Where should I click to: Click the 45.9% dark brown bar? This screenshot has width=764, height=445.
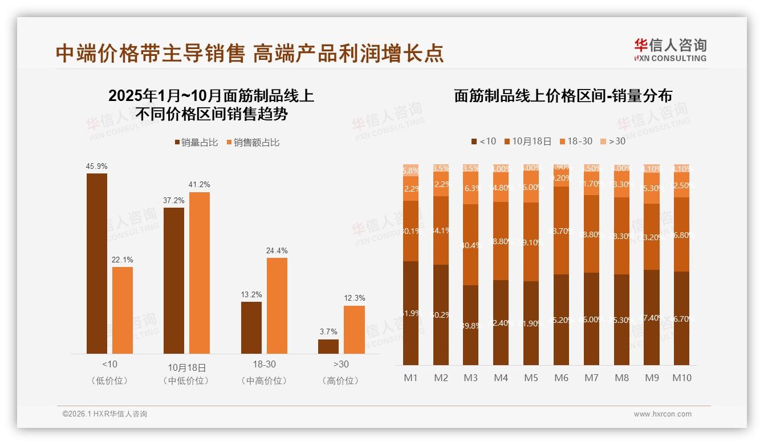(97, 263)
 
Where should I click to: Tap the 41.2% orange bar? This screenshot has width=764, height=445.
(200, 273)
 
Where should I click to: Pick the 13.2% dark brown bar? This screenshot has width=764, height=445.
(251, 327)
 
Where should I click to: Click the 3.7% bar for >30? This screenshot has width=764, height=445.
(328, 346)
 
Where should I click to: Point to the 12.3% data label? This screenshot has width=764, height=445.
(355, 298)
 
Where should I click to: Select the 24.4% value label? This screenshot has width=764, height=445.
(277, 250)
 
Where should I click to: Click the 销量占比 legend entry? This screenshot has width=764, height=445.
(196, 143)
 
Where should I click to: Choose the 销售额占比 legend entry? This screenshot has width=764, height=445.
(253, 143)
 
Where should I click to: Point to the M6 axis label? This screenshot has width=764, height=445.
(562, 378)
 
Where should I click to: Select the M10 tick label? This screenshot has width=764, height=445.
(681, 378)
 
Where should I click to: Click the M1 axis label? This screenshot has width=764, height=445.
(411, 378)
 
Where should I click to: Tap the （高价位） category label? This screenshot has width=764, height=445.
(341, 381)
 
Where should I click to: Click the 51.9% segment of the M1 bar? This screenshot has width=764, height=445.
(411, 313)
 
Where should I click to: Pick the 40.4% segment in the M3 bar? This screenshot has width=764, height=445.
(470, 245)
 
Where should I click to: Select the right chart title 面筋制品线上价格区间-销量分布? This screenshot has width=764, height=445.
(563, 96)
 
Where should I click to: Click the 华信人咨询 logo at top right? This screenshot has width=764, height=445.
(670, 49)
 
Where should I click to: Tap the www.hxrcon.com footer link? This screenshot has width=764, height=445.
(663, 414)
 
